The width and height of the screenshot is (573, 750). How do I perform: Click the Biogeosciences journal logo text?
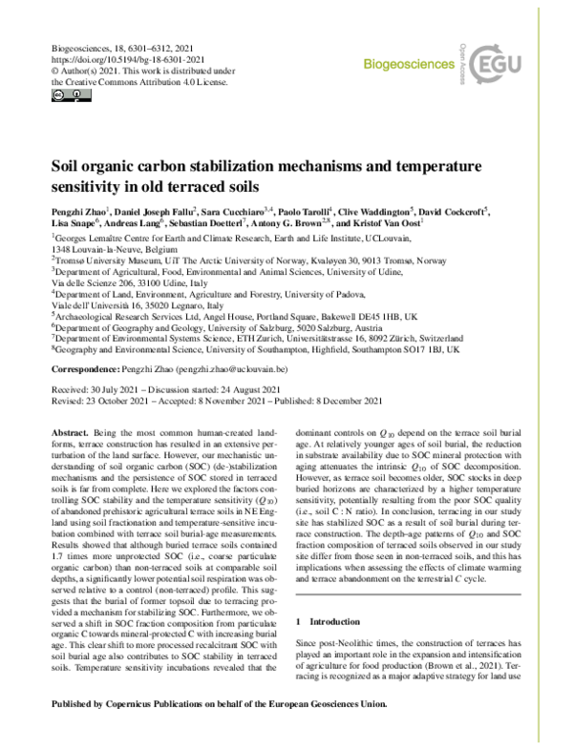pyautogui.click(x=409, y=64)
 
